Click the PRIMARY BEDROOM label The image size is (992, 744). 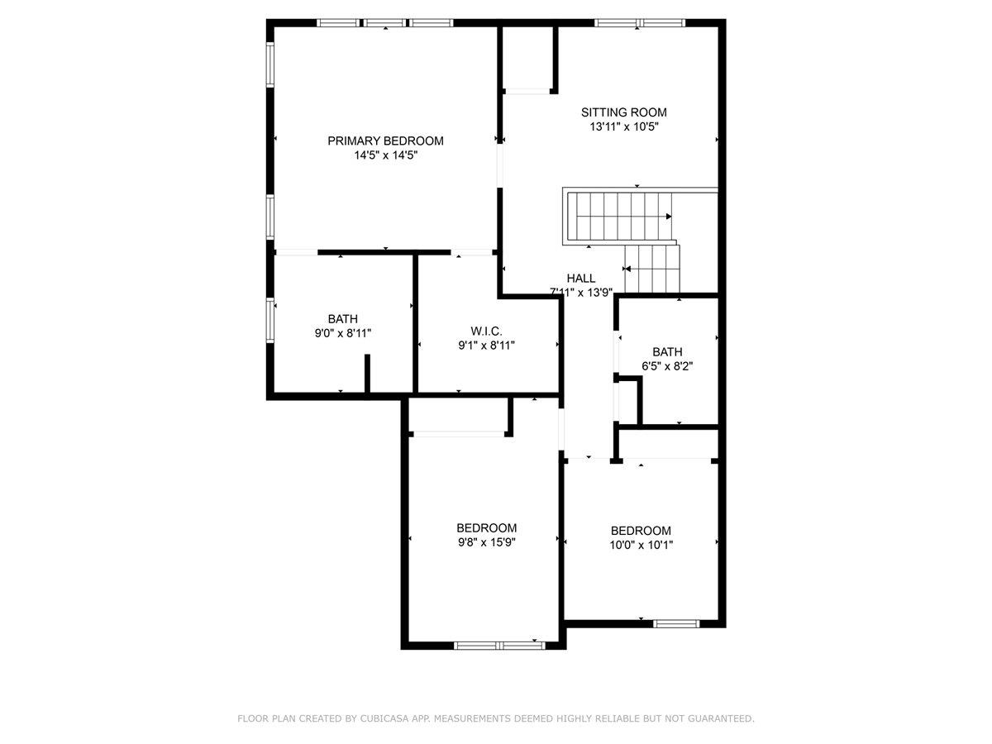[385, 141]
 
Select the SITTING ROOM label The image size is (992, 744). [623, 112]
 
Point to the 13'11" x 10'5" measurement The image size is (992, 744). [623, 126]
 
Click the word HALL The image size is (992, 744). [580, 278]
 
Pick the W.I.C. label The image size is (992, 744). [487, 331]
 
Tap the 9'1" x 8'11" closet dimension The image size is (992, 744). [487, 346]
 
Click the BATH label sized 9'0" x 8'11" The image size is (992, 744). [342, 318]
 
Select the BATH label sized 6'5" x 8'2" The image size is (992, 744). [667, 351]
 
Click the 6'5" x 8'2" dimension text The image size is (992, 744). [667, 365]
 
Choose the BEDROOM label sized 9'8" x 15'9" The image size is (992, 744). [487, 528]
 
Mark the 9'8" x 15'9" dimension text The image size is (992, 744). [487, 542]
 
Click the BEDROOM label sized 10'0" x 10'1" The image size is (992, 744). [641, 531]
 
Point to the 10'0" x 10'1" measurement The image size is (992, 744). [641, 545]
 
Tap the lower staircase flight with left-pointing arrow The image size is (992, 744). [651, 269]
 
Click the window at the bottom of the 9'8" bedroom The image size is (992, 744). [499, 645]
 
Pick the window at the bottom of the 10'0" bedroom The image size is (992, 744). [675, 623]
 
